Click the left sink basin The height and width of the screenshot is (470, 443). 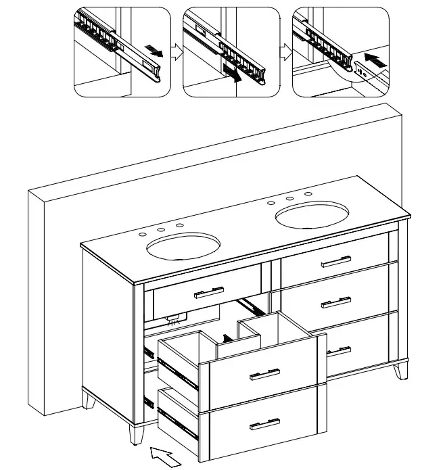click(184, 248)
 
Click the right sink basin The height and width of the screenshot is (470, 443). click(312, 217)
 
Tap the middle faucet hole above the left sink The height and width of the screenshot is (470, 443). click(161, 230)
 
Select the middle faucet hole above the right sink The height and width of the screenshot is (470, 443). click(289, 199)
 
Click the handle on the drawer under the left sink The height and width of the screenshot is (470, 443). click(209, 292)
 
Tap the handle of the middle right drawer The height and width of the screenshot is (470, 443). click(337, 302)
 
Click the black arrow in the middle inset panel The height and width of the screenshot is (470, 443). click(232, 73)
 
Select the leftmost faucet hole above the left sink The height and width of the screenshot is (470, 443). click(143, 234)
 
